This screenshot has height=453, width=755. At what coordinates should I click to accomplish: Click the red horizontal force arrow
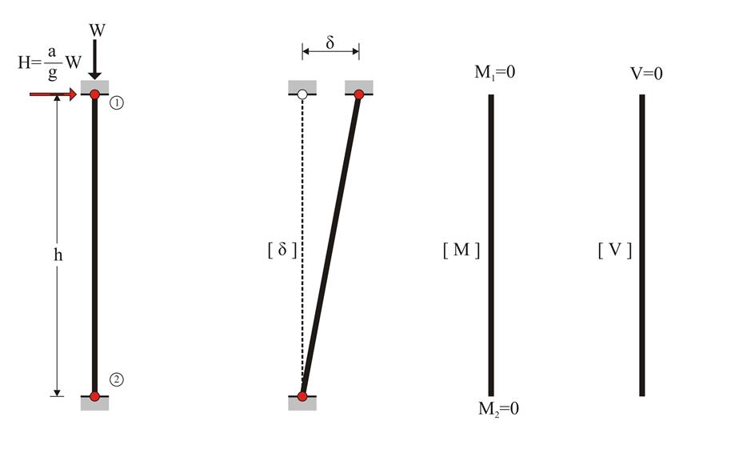[x=53, y=94]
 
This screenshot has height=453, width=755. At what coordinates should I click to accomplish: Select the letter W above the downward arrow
[x=97, y=30]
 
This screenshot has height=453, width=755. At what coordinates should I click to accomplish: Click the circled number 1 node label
[x=116, y=102]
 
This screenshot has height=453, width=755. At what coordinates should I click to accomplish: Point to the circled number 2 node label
[x=116, y=379]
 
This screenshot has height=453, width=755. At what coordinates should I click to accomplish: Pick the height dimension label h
[x=58, y=254]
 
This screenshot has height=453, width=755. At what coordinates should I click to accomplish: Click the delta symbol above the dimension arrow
[x=330, y=42]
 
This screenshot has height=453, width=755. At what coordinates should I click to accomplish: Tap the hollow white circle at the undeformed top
[x=302, y=95]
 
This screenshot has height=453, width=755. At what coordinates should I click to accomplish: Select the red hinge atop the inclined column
[x=359, y=95]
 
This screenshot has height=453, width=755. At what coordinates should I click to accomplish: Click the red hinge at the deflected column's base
[x=302, y=397]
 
